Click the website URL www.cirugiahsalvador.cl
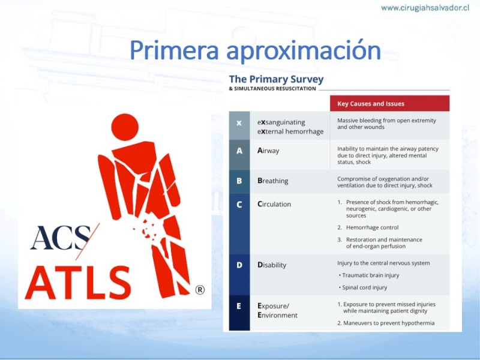point(425,8)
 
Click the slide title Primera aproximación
point(256,50)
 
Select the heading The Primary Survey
point(276,79)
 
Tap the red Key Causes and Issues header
point(389,103)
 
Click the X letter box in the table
point(239,125)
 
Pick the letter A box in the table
point(239,155)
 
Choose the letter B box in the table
point(239,182)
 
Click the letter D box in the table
point(239,275)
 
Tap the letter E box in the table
point(239,313)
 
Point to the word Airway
point(268,151)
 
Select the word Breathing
point(273,181)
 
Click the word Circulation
point(274,204)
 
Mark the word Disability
point(272,265)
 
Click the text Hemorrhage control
point(372,227)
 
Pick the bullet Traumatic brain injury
point(370,275)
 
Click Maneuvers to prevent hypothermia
point(389,323)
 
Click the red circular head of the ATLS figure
point(125,127)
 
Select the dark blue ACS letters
point(61,238)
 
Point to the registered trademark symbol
point(200,290)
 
